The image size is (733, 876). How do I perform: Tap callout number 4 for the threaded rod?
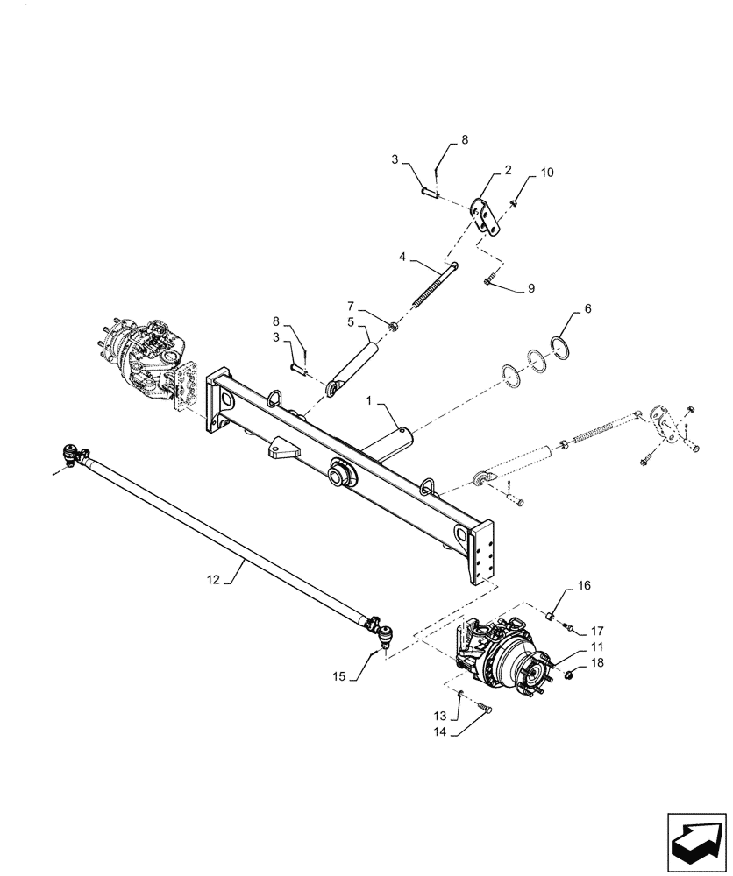pyautogui.click(x=402, y=258)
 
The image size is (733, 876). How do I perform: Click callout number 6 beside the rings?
pyautogui.click(x=588, y=309)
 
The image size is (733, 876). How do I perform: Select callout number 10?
pyautogui.click(x=546, y=173)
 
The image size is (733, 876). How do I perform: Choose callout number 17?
pyautogui.click(x=596, y=630)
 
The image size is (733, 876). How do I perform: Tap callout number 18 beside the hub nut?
pyautogui.click(x=597, y=663)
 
